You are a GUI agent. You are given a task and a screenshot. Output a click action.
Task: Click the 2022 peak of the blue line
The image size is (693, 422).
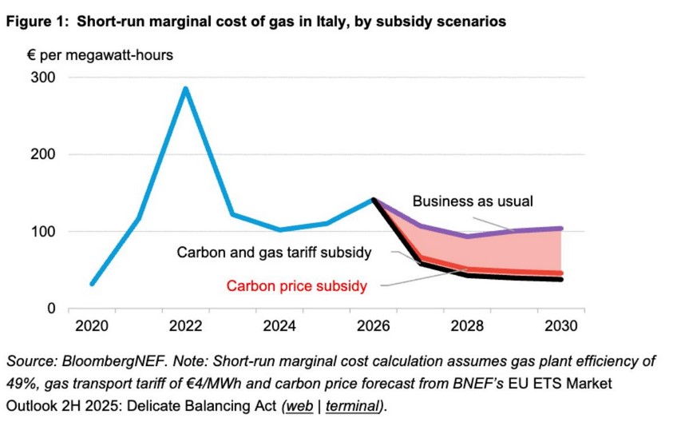pyautogui.click(x=186, y=89)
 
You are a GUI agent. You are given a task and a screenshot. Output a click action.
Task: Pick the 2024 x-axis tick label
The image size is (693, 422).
pyautogui.click(x=279, y=327)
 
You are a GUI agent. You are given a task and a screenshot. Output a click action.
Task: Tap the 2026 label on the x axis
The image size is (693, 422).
pyautogui.click(x=373, y=327)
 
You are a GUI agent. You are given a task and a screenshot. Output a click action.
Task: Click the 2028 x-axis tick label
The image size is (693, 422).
pyautogui.click(x=467, y=327)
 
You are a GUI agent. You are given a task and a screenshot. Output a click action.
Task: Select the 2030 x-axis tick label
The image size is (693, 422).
pyautogui.click(x=560, y=327)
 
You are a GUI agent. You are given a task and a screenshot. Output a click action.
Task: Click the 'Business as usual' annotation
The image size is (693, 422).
pyautogui.click(x=472, y=201)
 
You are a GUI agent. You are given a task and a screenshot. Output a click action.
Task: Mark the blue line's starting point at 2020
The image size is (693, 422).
pyautogui.click(x=93, y=284)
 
